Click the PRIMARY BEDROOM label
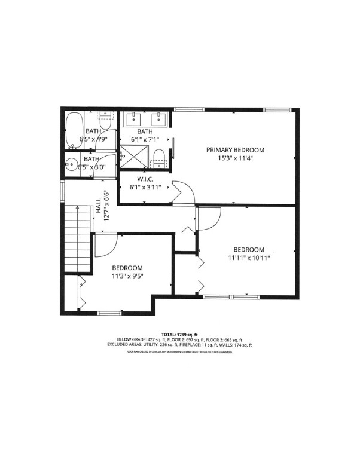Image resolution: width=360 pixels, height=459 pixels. click(235, 149)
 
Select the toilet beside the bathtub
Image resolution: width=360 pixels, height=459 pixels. click(105, 121)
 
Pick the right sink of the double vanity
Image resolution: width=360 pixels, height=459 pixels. click(160, 118)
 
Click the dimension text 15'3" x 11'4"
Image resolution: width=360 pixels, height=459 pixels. click(235, 160)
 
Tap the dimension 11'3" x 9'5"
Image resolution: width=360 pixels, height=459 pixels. click(126, 276)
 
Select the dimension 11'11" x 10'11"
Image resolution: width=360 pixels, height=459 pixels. click(248, 258)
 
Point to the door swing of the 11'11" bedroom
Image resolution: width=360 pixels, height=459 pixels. click(209, 219)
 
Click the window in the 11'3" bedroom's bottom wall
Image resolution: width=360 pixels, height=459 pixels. click(109, 313)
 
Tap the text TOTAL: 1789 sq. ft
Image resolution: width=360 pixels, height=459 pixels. click(179, 334)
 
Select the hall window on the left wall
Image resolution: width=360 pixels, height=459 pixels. click(62, 191)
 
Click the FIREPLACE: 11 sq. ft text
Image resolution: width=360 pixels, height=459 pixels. click(190, 345)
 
